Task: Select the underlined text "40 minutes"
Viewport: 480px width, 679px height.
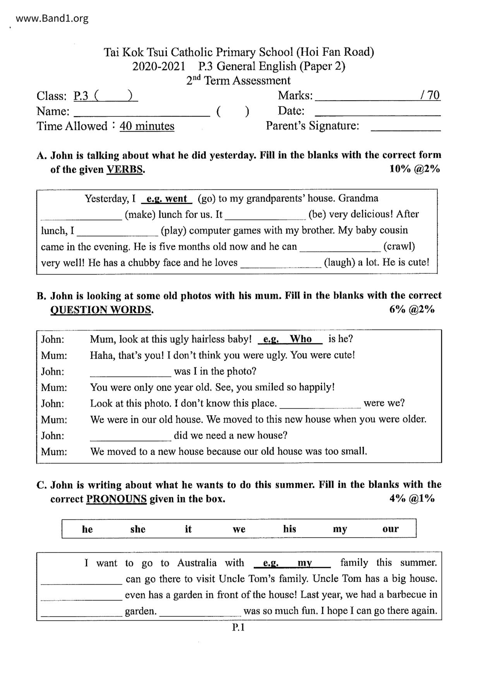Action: tap(147, 126)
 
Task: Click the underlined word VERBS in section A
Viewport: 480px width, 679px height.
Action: tap(125, 170)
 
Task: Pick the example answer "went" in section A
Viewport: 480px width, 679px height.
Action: tap(176, 199)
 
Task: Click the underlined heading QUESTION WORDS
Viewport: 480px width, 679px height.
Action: tap(101, 310)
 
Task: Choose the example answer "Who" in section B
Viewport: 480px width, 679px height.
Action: tap(301, 339)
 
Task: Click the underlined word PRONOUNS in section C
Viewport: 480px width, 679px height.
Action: tap(116, 499)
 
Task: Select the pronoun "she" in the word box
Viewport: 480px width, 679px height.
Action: tap(138, 529)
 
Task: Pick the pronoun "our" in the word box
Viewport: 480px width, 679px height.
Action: tap(390, 529)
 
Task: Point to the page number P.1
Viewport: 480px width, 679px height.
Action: tap(238, 628)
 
